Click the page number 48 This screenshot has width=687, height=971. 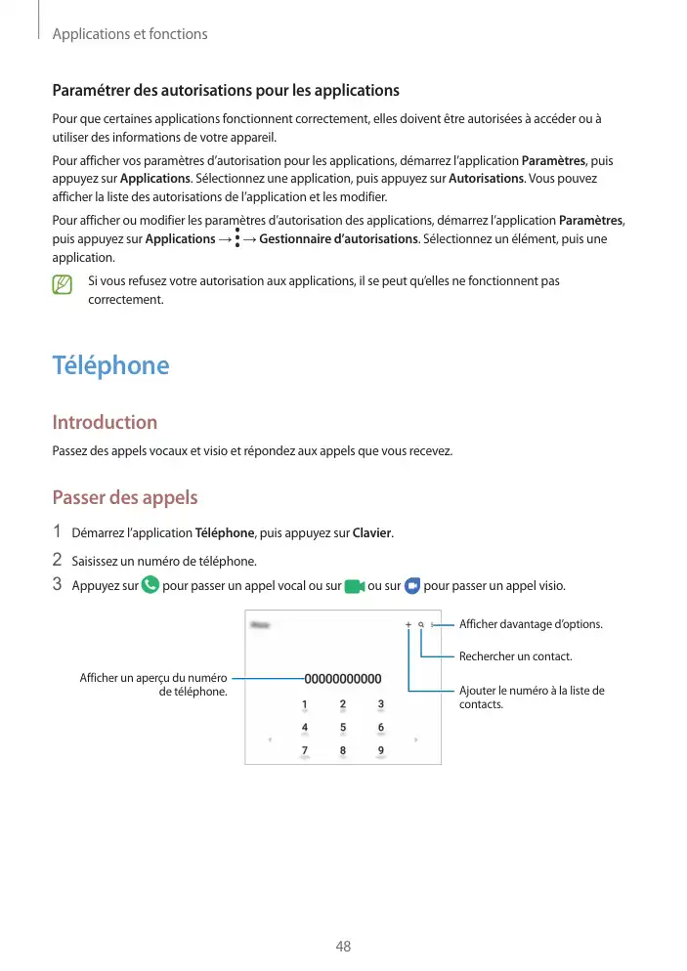[x=343, y=947]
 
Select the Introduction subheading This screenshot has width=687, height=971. [x=104, y=423]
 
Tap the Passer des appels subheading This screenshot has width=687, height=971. [x=124, y=497]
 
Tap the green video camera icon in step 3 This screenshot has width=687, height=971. [x=355, y=585]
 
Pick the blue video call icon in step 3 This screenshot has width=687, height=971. [x=411, y=585]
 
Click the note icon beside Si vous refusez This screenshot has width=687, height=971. [x=64, y=284]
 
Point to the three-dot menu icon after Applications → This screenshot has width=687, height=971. [x=237, y=238]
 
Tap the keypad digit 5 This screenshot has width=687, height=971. [x=343, y=727]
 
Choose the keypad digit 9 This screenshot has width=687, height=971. [x=380, y=750]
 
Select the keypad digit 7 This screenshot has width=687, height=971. [x=304, y=750]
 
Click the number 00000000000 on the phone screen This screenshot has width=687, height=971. [x=343, y=678]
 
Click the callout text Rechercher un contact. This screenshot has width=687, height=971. [x=515, y=656]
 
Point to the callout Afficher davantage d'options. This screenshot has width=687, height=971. [x=531, y=624]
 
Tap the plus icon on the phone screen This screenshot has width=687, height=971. [x=408, y=624]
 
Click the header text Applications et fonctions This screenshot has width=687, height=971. [x=129, y=34]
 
